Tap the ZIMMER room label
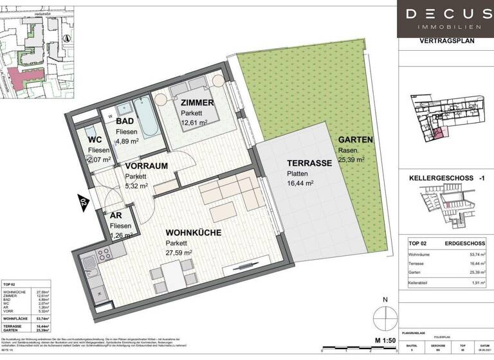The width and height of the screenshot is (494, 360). pos(197,103)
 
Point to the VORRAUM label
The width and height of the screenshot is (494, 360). pos(146,165)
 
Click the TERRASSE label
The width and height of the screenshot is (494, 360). pos(309,163)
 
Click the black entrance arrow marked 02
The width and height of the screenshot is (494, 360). pos(83,201)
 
